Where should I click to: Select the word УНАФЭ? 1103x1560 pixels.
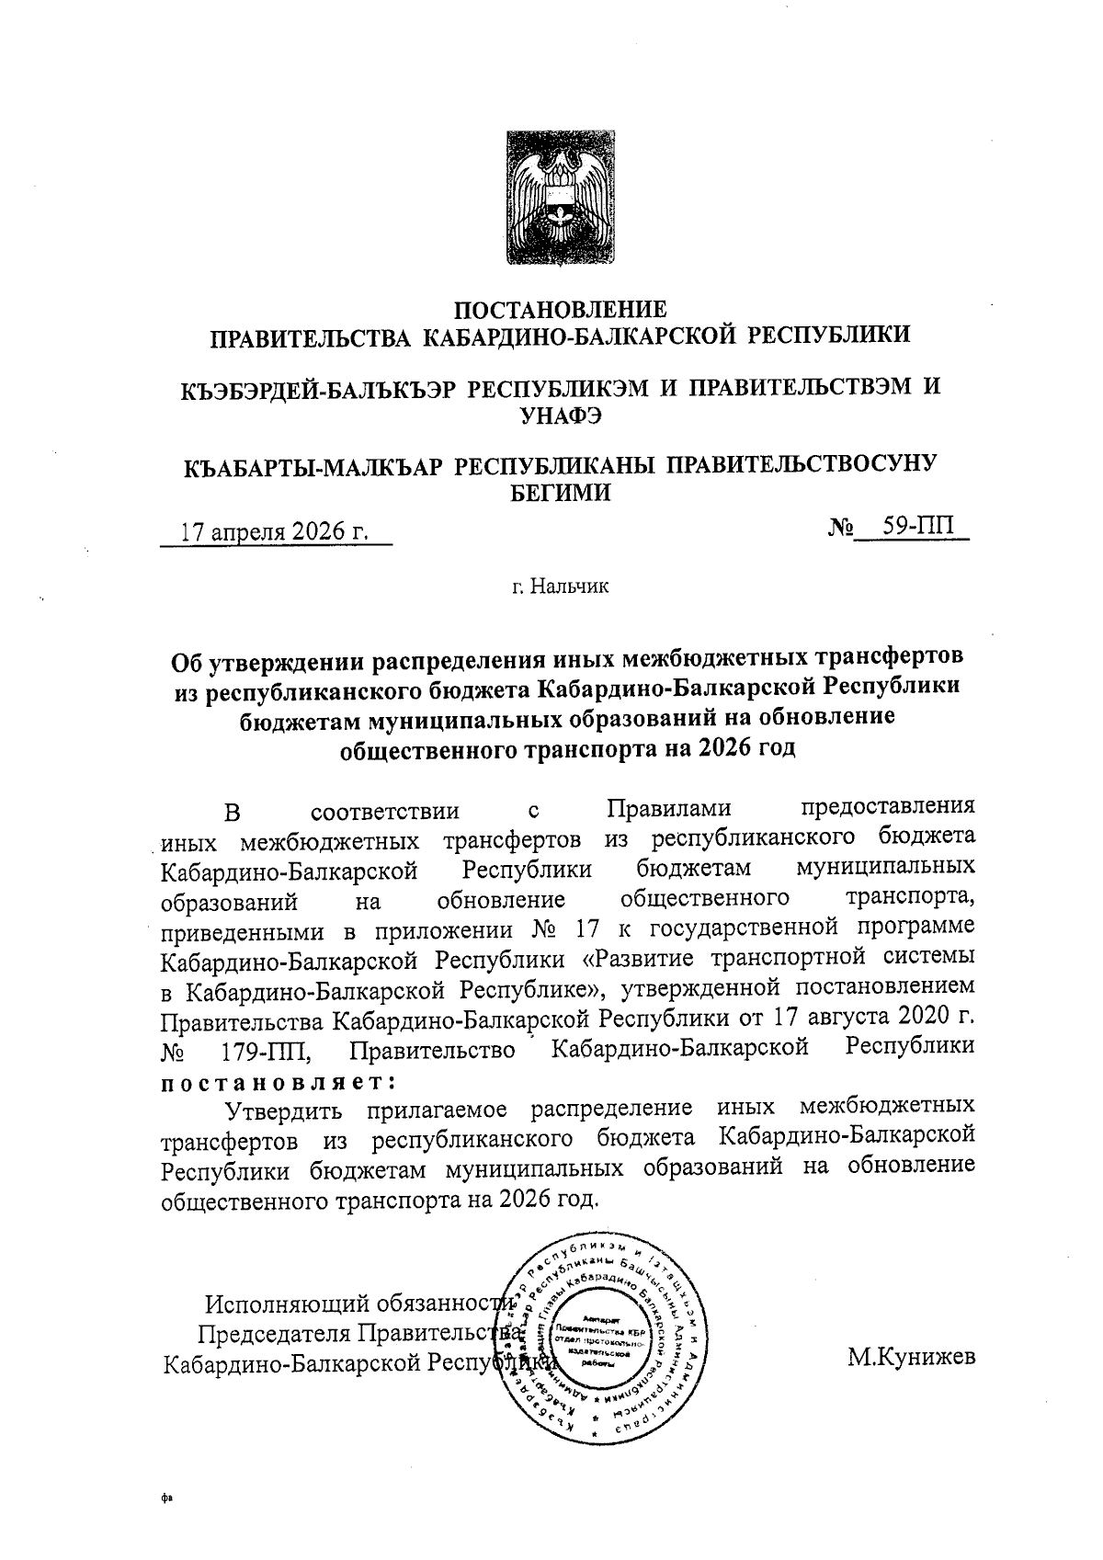[561, 416]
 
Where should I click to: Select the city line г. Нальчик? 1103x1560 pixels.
[561, 586]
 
